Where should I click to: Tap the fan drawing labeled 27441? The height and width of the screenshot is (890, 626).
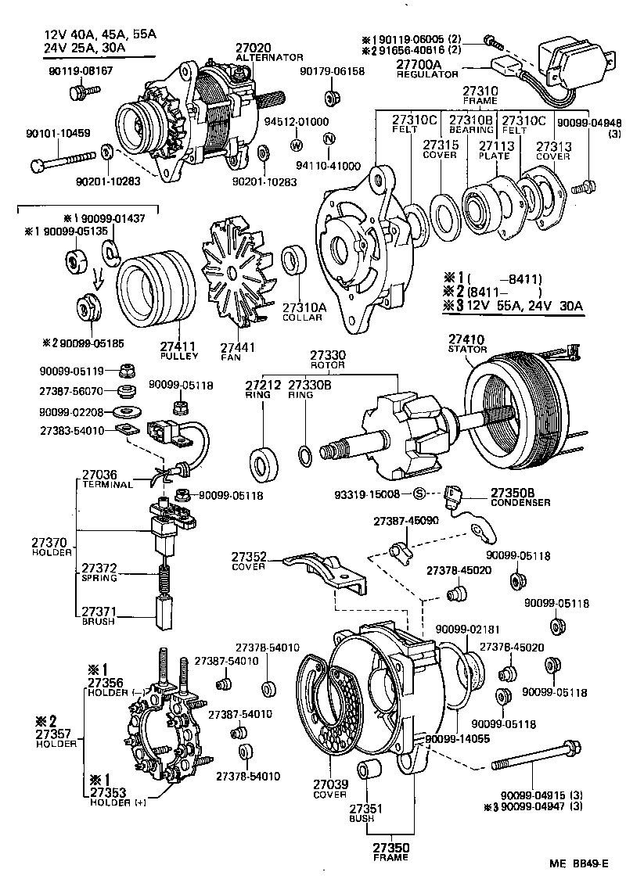235,273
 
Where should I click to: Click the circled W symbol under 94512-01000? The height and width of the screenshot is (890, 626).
297,145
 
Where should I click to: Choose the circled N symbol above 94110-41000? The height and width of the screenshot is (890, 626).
329,139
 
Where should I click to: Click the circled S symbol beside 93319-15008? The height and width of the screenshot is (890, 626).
418,493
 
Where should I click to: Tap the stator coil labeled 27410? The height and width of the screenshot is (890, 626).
516,407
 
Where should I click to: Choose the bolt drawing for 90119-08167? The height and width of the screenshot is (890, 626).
79,93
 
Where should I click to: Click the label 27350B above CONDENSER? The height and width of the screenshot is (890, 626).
513,493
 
